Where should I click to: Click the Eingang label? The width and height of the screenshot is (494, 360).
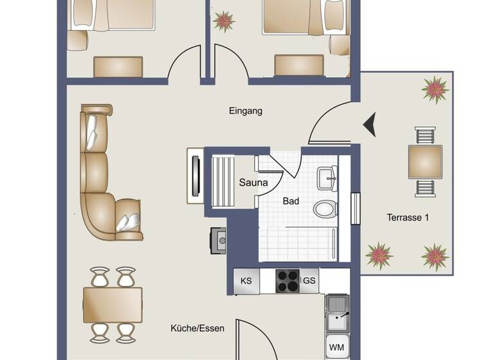coord(246,111)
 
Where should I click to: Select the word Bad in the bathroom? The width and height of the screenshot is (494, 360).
coord(291,201)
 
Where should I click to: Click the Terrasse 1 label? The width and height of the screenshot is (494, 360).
coord(407,217)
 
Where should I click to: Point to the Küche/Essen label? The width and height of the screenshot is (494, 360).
coord(197,328)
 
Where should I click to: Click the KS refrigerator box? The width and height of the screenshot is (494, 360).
coord(246,281)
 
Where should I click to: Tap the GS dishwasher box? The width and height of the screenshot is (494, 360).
coord(309,281)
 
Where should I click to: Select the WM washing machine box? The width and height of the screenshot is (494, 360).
coord(336,347)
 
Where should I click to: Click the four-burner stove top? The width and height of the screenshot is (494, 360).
coord(287,281)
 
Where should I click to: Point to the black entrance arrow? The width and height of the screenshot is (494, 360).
coord(369,124)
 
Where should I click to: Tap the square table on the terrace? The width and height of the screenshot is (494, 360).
coord(425,162)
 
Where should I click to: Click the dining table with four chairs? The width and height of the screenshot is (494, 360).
coord(113,305)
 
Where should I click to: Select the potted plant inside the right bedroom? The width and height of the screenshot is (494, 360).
coord(223,21)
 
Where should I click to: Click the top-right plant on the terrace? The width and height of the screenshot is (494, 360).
coord(435,89)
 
